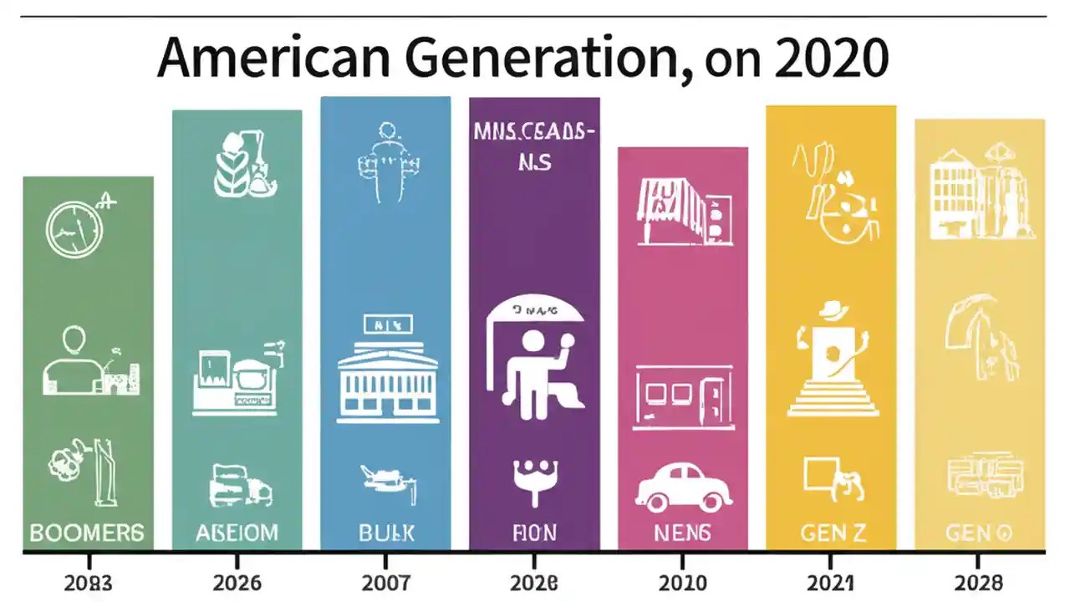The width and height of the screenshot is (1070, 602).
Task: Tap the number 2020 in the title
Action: click(x=817, y=60)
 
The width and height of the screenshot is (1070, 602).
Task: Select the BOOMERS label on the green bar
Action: click(x=87, y=532)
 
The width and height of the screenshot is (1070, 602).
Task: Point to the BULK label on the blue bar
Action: click(x=385, y=532)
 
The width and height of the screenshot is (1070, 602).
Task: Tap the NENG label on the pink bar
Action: click(x=682, y=532)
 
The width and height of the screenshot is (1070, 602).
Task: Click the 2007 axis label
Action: click(x=385, y=581)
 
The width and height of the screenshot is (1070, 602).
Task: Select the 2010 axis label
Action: click(x=682, y=581)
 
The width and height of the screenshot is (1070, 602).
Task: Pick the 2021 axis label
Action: click(x=830, y=581)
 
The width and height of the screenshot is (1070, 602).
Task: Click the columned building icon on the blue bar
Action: click(x=387, y=378)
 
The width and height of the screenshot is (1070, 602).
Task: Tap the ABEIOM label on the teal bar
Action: click(x=237, y=532)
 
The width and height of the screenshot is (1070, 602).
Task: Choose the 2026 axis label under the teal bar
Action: click(x=237, y=581)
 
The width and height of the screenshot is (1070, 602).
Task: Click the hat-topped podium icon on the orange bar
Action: click(x=833, y=364)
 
